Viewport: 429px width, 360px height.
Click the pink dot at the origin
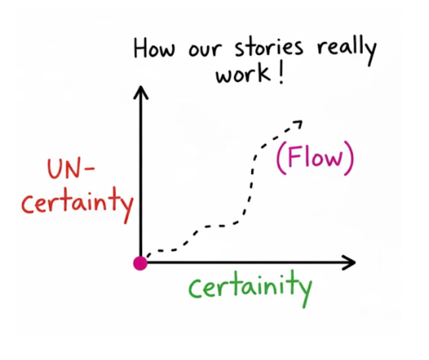click(140, 263)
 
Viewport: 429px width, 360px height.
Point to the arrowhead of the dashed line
click(298, 122)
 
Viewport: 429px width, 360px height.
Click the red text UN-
click(70, 172)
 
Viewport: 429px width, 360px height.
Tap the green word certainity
click(251, 288)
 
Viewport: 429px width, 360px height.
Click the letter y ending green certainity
click(305, 291)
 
